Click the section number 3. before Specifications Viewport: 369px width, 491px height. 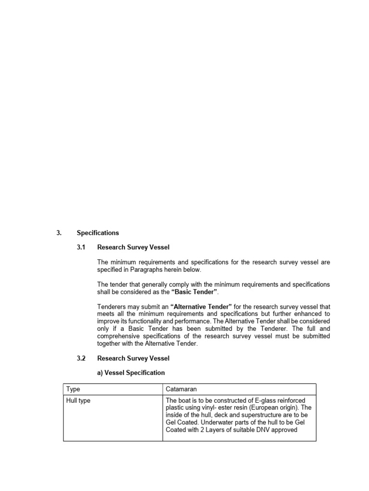click(x=59, y=233)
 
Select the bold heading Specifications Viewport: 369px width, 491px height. click(x=98, y=233)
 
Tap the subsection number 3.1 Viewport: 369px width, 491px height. click(x=81, y=247)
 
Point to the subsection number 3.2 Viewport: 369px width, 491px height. click(x=81, y=358)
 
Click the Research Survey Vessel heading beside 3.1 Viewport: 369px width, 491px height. click(x=133, y=247)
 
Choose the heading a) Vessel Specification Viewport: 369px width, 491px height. click(x=131, y=373)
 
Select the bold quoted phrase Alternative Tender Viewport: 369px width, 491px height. click(x=201, y=306)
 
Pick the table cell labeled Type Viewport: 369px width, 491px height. click(x=73, y=389)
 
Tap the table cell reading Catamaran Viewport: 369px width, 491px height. click(x=181, y=389)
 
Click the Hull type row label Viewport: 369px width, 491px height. click(x=78, y=400)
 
